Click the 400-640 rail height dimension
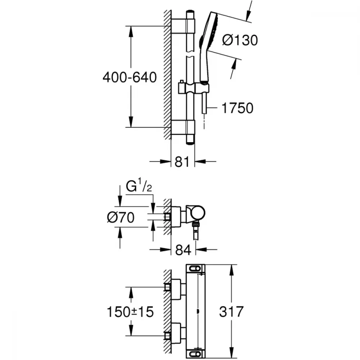point(130,77)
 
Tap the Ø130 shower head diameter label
point(240,40)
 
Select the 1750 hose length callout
point(237,108)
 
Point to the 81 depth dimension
point(182,162)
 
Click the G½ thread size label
point(139,186)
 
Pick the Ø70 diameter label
point(121,217)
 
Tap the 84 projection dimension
point(183,250)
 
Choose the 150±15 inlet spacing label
point(130,312)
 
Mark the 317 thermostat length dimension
point(231,311)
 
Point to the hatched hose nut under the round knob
point(195,224)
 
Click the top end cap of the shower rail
point(190,12)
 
